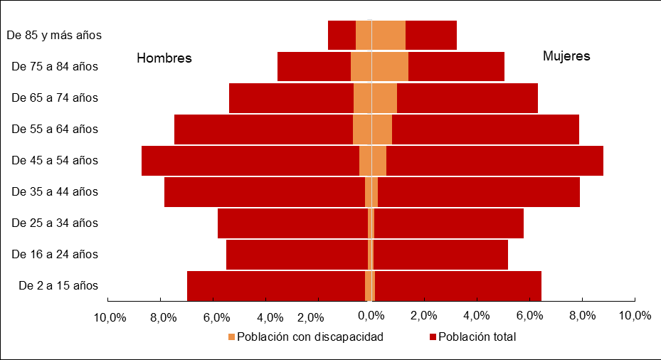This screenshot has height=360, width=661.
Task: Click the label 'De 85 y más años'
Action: [53, 34]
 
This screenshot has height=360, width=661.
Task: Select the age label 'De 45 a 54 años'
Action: [55, 160]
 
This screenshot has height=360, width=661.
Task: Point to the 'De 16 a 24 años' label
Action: [55, 254]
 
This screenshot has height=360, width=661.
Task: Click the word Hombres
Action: [164, 58]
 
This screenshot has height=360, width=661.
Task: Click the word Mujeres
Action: [566, 56]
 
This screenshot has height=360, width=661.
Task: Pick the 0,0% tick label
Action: [371, 315]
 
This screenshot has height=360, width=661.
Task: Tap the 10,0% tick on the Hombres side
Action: [110, 317]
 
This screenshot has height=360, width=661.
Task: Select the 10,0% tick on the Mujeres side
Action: [635, 315]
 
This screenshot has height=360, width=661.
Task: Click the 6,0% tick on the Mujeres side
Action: [529, 315]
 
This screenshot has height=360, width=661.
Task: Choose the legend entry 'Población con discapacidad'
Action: [310, 337]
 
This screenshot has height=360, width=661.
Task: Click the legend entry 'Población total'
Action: [477, 337]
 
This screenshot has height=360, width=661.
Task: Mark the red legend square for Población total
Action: [433, 337]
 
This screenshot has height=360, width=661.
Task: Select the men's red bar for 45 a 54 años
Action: [249, 160]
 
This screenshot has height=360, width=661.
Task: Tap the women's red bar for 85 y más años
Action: [430, 35]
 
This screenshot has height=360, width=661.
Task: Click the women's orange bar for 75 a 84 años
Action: [390, 66]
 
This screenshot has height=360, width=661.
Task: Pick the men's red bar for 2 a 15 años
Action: [275, 285]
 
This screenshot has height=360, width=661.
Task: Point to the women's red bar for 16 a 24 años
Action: [441, 254]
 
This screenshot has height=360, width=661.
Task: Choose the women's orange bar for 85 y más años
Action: [388, 35]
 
